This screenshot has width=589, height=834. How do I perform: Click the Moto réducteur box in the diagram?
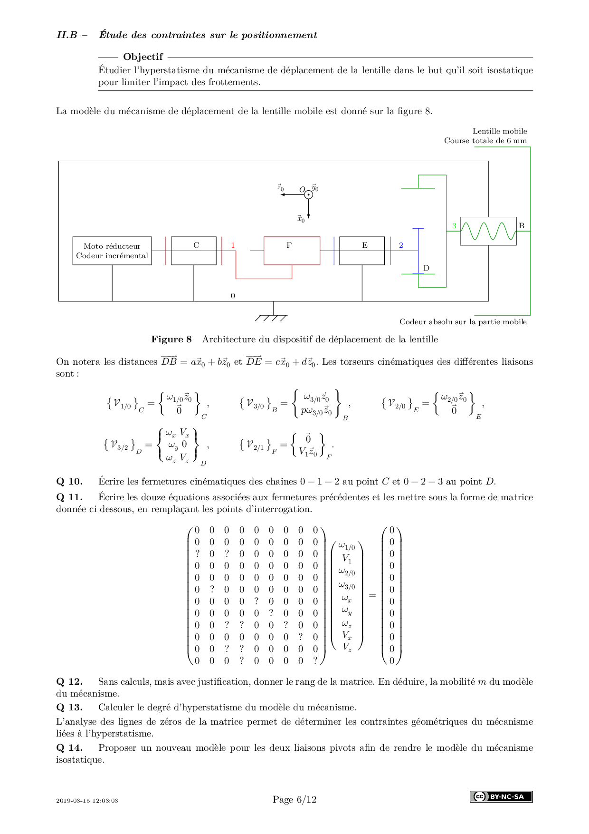112,251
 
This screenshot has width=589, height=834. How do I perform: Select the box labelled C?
193,251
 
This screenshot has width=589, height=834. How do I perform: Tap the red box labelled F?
292,251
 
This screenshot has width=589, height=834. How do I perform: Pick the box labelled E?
362,251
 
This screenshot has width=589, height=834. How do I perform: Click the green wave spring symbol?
488,231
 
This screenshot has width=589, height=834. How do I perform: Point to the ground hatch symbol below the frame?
271,318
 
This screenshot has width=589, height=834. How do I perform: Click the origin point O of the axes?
308,194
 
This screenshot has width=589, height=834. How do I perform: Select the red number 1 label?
233,245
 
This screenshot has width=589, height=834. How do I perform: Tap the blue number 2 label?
401,245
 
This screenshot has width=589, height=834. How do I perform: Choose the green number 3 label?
454,226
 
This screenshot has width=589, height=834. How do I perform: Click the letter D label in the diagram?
426,268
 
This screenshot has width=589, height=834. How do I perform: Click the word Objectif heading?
143,57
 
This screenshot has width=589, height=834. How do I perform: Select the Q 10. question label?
69,482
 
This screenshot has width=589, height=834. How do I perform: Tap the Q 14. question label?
69,748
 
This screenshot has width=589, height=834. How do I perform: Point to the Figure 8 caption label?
171,339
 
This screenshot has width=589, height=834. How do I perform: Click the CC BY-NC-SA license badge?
501,796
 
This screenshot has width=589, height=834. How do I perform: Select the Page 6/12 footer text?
294,800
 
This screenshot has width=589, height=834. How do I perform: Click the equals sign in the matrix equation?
372,595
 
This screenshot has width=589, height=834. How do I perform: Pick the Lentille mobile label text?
500,131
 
